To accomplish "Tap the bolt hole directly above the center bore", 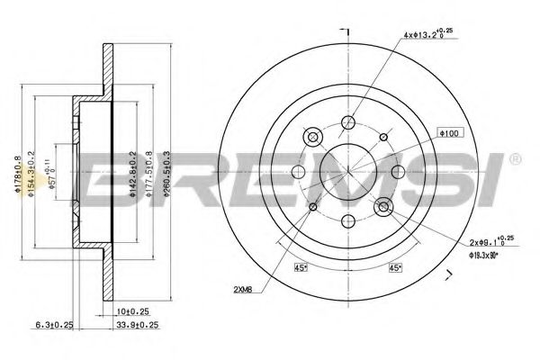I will (x=348, y=121).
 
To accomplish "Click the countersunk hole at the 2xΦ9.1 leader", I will (x=384, y=207).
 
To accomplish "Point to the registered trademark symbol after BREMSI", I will (x=515, y=159).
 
